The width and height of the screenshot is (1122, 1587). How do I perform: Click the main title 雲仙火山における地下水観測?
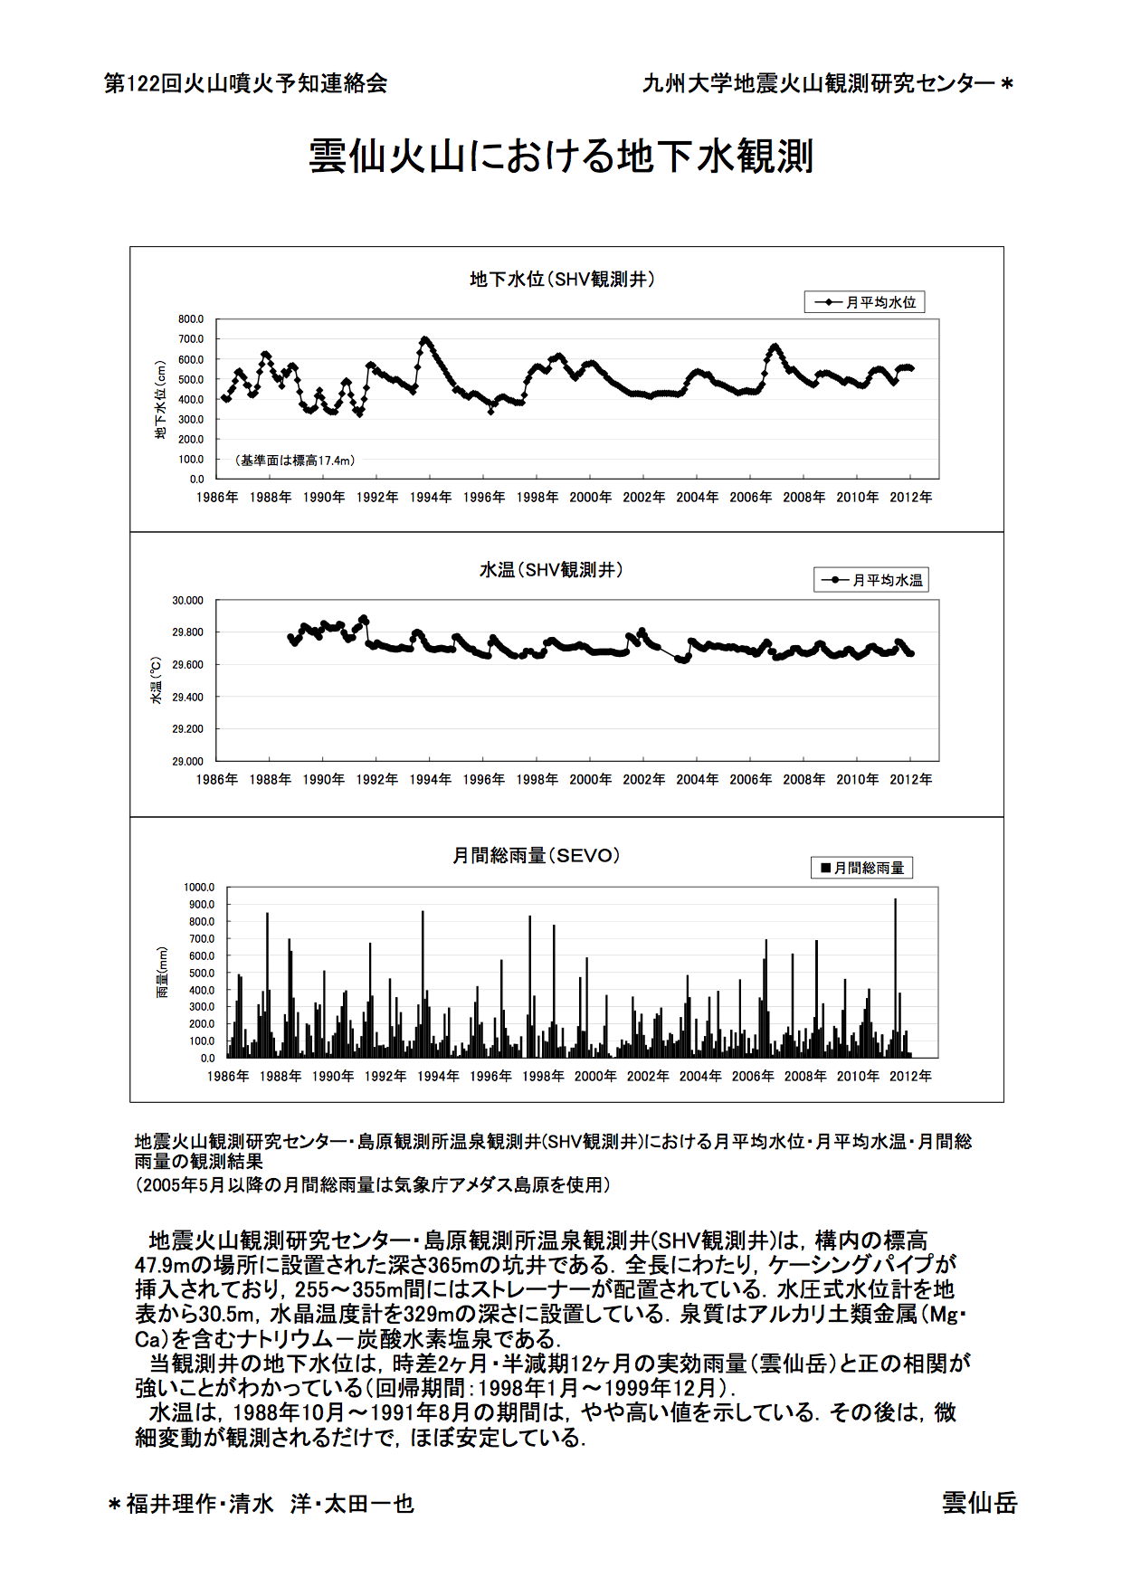coord(561,156)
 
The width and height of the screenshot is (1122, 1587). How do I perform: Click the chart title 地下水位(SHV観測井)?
coord(561,279)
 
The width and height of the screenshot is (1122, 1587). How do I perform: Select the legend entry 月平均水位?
coord(865,302)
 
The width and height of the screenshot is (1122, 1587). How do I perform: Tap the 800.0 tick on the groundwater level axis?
coord(191,319)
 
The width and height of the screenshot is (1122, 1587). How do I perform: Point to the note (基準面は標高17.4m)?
coord(295,461)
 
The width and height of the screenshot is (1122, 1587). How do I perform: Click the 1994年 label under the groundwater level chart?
coord(430,498)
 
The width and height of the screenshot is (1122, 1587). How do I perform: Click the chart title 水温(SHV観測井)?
coord(551,569)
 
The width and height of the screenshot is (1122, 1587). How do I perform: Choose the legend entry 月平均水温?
coord(871,580)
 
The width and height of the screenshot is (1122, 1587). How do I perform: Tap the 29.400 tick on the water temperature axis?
coord(188,697)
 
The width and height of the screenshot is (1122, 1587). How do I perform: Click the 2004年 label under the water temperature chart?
coord(697,779)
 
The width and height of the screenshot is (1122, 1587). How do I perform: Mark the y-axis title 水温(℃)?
coord(156,680)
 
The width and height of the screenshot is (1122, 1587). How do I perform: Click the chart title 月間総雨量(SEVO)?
coord(537,855)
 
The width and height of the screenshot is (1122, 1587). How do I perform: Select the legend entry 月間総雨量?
coord(861,868)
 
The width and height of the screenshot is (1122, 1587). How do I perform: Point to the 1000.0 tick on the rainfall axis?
coord(199,888)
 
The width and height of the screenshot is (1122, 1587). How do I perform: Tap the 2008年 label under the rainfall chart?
coord(805,1076)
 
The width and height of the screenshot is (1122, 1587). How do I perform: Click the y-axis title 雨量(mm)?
coord(163,972)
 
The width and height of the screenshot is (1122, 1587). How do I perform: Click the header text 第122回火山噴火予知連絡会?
coord(246,83)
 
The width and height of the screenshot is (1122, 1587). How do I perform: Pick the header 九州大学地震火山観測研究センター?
coord(819,83)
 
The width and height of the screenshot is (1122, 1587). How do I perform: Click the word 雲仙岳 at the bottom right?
coord(979,1503)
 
